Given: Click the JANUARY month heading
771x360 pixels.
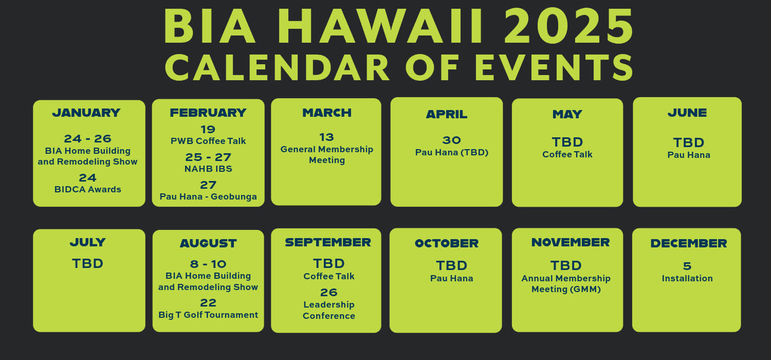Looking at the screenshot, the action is pyautogui.click(x=86, y=113).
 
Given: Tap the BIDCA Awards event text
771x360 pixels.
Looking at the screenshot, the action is pyautogui.click(x=88, y=189).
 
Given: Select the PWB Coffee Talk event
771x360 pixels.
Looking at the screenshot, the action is pyautogui.click(x=208, y=141).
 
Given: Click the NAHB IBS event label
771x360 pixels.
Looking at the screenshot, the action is pyautogui.click(x=208, y=169).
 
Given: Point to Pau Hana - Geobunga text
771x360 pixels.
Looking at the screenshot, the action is pyautogui.click(x=208, y=196).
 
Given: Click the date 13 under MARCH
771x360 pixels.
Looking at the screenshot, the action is pyautogui.click(x=326, y=137).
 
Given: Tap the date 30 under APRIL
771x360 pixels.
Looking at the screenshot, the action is pyautogui.click(x=452, y=140).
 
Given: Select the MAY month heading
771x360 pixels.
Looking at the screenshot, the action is pyautogui.click(x=567, y=114).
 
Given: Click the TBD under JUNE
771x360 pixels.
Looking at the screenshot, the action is pyautogui.click(x=689, y=142).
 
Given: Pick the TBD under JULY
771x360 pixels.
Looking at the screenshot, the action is pyautogui.click(x=88, y=263).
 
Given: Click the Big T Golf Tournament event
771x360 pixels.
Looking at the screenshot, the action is pyautogui.click(x=208, y=315).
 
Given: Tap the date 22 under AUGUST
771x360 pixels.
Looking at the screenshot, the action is pyautogui.click(x=208, y=303).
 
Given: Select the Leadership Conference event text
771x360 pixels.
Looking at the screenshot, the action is pyautogui.click(x=329, y=310).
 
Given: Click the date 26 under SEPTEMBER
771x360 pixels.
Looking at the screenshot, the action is pyautogui.click(x=329, y=293).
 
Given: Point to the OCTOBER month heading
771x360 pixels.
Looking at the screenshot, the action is pyautogui.click(x=447, y=244).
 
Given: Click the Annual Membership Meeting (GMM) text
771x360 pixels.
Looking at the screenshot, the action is pyautogui.click(x=566, y=283).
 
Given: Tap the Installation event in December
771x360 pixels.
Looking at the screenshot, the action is pyautogui.click(x=687, y=278).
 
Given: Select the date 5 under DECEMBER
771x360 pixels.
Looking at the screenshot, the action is pyautogui.click(x=687, y=266).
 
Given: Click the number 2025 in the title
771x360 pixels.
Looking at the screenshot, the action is pyautogui.click(x=568, y=27).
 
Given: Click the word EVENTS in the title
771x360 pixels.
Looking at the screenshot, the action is pyautogui.click(x=554, y=67).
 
